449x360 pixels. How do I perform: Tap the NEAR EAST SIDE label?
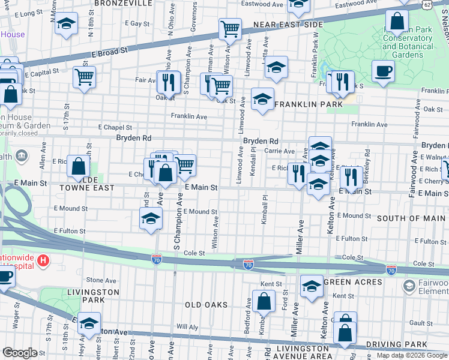[288, 25]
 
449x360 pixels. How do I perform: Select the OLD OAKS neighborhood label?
[206, 305]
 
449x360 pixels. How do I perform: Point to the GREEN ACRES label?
[352, 281]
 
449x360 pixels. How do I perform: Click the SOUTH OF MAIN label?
[411, 218]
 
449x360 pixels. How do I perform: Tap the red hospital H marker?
[43, 260]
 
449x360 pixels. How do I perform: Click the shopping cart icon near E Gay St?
[230, 28]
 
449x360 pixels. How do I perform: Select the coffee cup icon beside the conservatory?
[383, 72]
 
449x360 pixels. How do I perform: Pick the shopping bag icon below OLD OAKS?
[264, 301]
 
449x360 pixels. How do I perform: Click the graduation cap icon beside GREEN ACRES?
[312, 286]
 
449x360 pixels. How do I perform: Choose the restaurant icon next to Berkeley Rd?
[351, 176]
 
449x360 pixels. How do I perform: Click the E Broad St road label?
[110, 53]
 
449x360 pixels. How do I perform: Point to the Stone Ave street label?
[97, 280]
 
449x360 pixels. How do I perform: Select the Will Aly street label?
[187, 327]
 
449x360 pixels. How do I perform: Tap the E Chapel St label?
[115, 127]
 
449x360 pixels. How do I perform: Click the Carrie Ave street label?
[280, 151]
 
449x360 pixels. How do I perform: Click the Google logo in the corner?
[20, 353]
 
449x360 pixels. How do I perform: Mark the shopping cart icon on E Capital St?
[84, 77]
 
